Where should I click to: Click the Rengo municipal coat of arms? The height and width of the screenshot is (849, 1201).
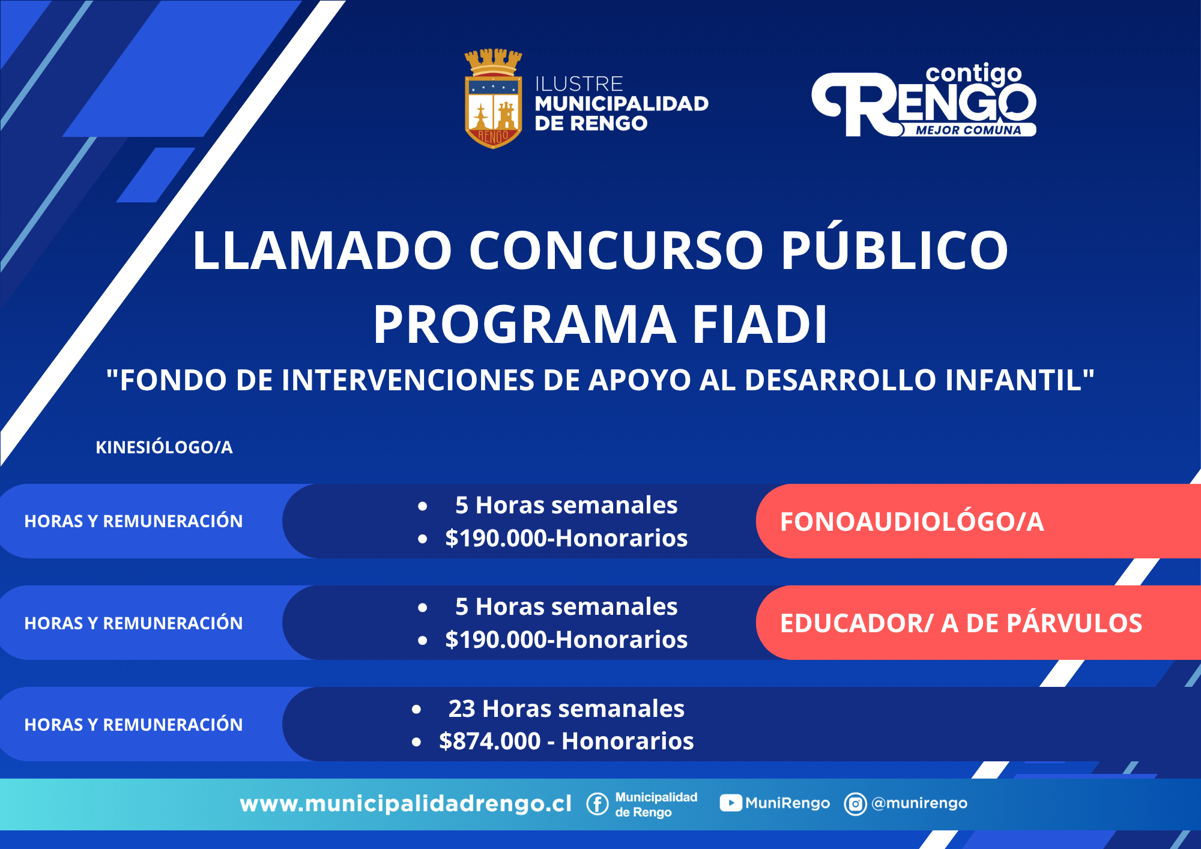point(493,99)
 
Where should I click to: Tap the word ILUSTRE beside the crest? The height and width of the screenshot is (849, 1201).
point(579,83)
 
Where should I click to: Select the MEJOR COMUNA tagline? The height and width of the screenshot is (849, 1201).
point(968,130)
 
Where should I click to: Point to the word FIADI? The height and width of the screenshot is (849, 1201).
point(760,324)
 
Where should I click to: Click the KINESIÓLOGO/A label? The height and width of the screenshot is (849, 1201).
point(164,447)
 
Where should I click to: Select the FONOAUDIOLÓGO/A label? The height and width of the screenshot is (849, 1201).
point(912,521)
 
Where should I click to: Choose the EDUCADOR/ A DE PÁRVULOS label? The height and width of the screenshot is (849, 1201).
point(961,623)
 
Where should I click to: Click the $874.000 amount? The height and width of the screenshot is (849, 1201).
point(490,741)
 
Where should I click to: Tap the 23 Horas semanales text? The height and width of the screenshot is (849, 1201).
point(566,709)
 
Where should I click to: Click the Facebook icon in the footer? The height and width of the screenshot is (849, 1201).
point(597,803)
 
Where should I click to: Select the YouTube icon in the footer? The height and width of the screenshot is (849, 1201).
point(730,803)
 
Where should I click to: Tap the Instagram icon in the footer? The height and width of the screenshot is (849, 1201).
point(855,803)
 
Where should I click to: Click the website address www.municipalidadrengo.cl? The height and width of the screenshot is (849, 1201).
point(406,803)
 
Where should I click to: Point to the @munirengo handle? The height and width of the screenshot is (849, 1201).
point(919,803)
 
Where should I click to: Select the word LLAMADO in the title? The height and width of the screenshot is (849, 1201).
point(322,250)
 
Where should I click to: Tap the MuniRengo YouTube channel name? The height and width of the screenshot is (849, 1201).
point(787,803)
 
